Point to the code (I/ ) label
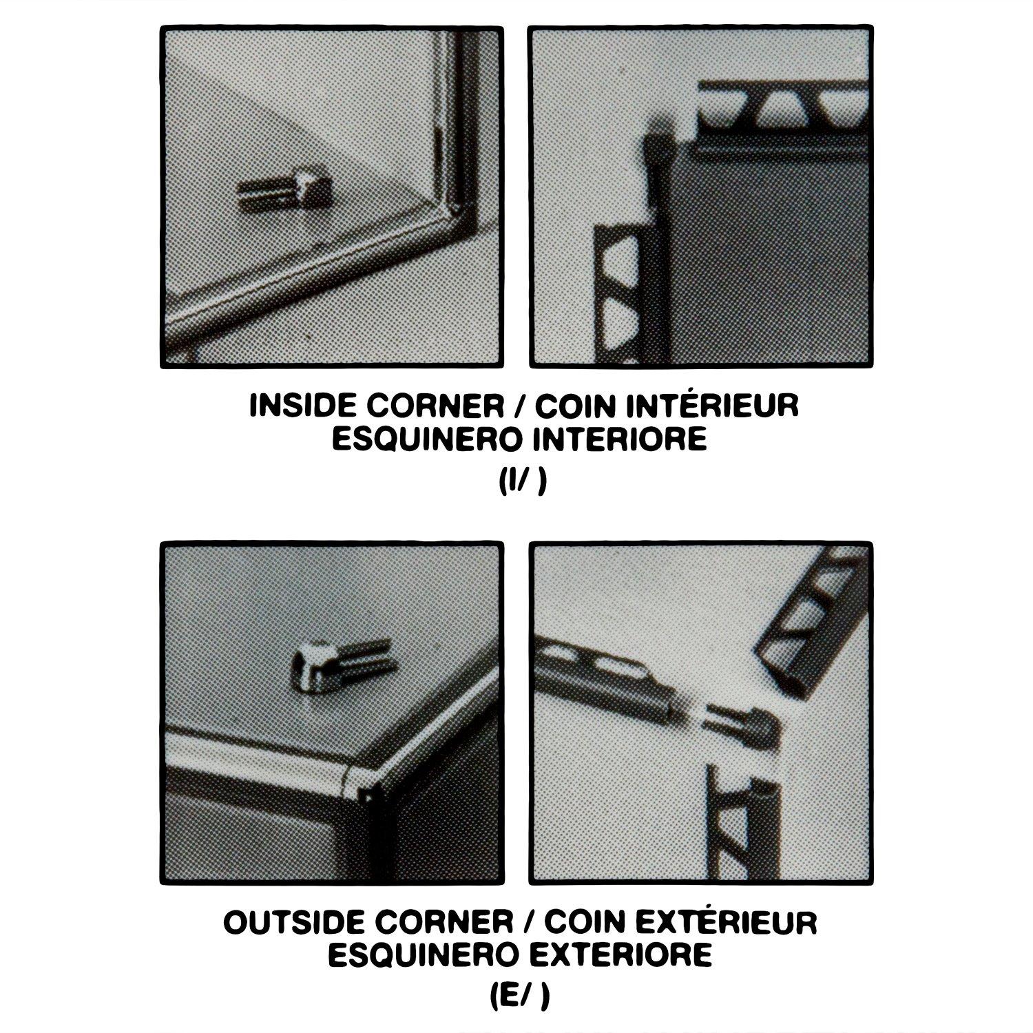522,482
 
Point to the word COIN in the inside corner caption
570,406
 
